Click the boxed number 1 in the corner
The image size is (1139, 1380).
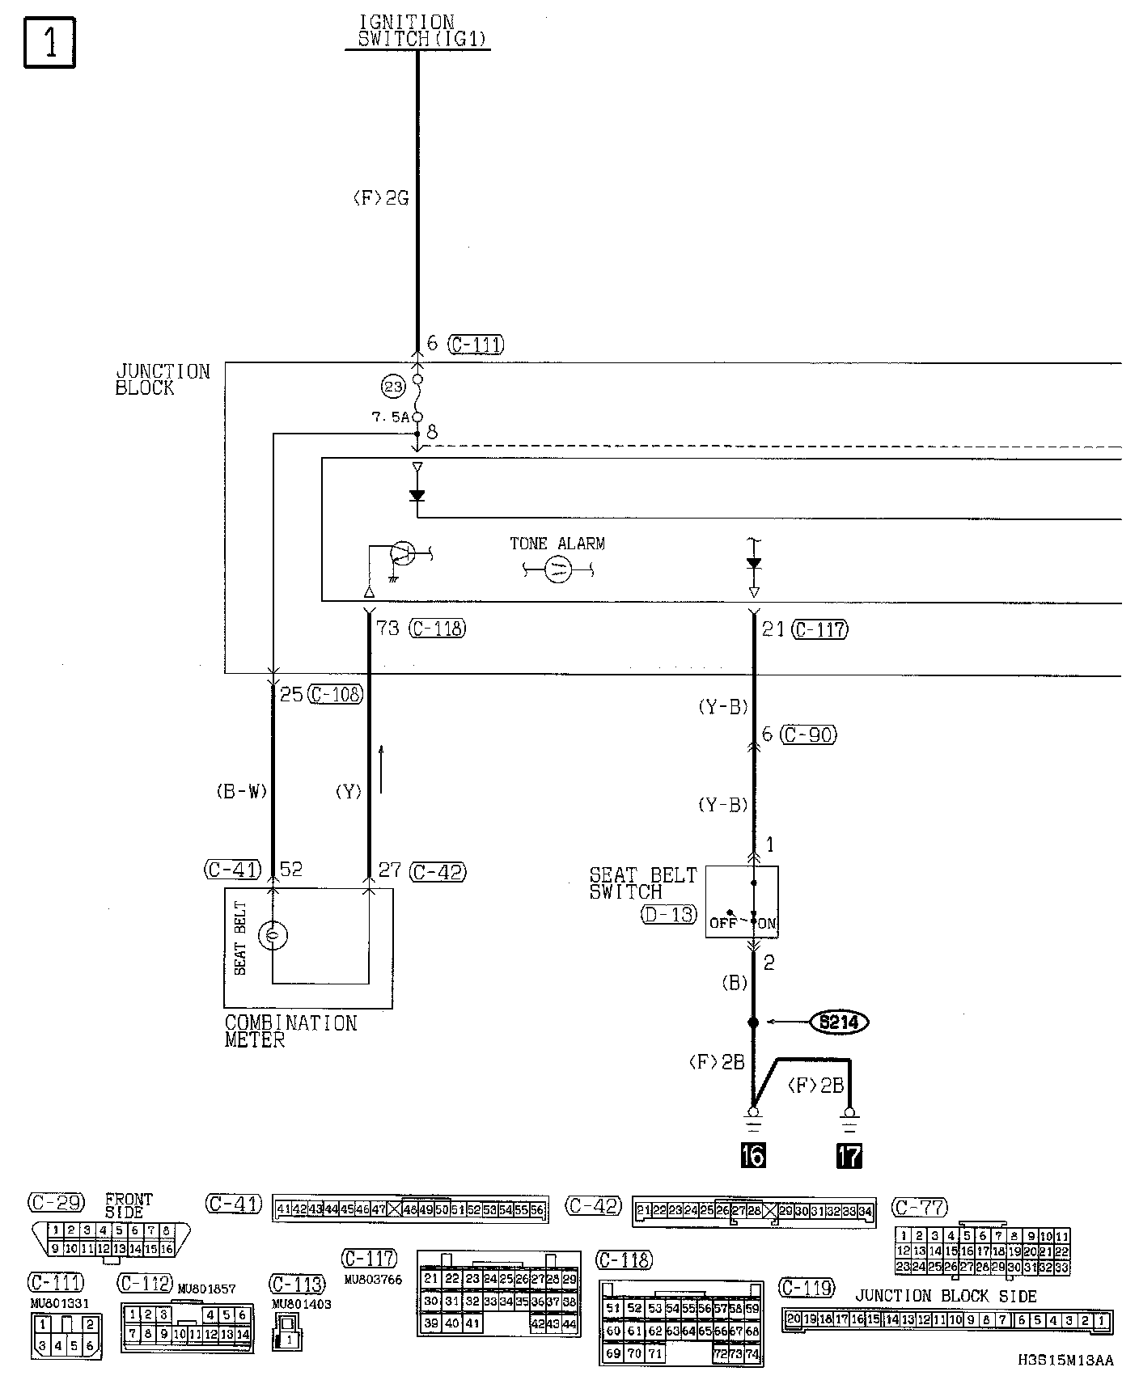click(x=49, y=42)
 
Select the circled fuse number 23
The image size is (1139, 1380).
click(x=393, y=387)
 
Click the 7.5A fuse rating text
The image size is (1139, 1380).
click(x=390, y=417)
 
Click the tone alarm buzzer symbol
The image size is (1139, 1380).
click(x=558, y=570)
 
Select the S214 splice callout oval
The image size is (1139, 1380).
click(x=838, y=1022)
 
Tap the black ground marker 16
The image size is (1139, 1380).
click(x=752, y=1155)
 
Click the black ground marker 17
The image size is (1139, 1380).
click(x=849, y=1155)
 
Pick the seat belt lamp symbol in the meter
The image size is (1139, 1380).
click(x=273, y=936)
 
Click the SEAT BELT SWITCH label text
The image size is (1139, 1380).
click(x=642, y=883)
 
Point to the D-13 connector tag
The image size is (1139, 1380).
click(x=668, y=915)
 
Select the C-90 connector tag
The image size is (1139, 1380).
click(x=809, y=735)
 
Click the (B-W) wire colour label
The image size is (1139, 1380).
click(x=241, y=792)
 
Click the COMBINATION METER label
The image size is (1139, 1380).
click(x=290, y=1031)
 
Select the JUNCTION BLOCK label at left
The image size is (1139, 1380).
click(x=162, y=379)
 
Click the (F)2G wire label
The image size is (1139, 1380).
click(x=380, y=198)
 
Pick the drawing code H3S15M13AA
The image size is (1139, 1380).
click(x=1065, y=1361)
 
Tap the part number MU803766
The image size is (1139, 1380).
click(x=373, y=1280)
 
